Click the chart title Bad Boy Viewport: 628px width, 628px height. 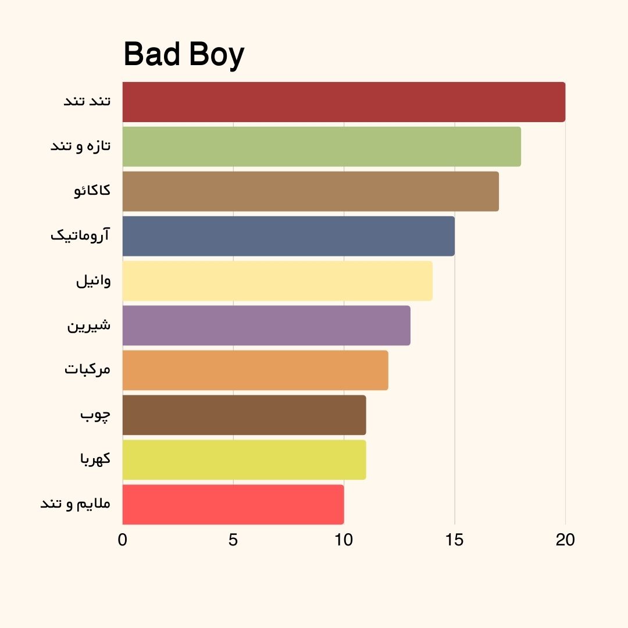click(x=184, y=55)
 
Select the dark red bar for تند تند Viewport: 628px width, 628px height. click(x=344, y=102)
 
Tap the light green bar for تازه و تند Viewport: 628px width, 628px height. click(x=322, y=147)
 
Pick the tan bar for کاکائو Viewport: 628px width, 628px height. click(x=311, y=191)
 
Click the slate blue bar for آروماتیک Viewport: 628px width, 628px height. click(x=288, y=236)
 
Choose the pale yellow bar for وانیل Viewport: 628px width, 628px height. click(x=277, y=281)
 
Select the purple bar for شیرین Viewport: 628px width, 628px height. click(x=266, y=326)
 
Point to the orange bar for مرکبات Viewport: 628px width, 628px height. click(x=255, y=370)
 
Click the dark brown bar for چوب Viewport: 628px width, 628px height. click(x=244, y=415)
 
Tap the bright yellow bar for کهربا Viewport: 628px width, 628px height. click(x=244, y=460)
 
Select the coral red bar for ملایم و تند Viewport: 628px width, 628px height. click(x=233, y=505)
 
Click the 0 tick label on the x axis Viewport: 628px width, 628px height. click(x=122, y=540)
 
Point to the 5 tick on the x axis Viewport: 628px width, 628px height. click(x=233, y=540)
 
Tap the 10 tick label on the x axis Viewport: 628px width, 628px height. click(x=344, y=540)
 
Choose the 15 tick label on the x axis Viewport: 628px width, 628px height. click(x=455, y=540)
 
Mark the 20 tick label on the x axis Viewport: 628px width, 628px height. click(x=565, y=540)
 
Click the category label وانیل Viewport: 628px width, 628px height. click(x=93, y=281)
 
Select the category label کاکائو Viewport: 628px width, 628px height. click(x=92, y=191)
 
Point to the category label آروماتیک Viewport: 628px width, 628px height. click(x=80, y=236)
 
